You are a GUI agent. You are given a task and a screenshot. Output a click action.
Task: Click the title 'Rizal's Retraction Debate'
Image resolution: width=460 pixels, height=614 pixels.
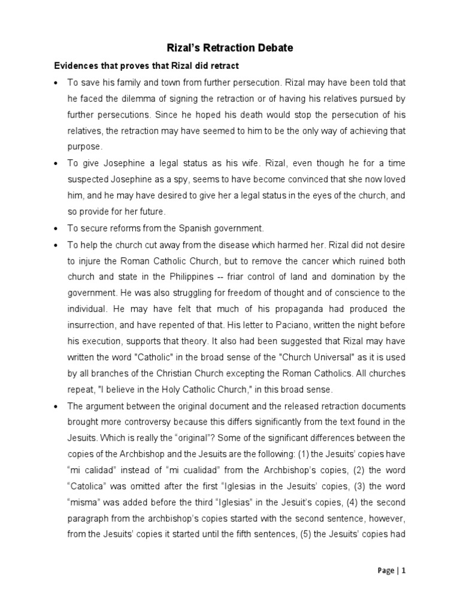point(230,47)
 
